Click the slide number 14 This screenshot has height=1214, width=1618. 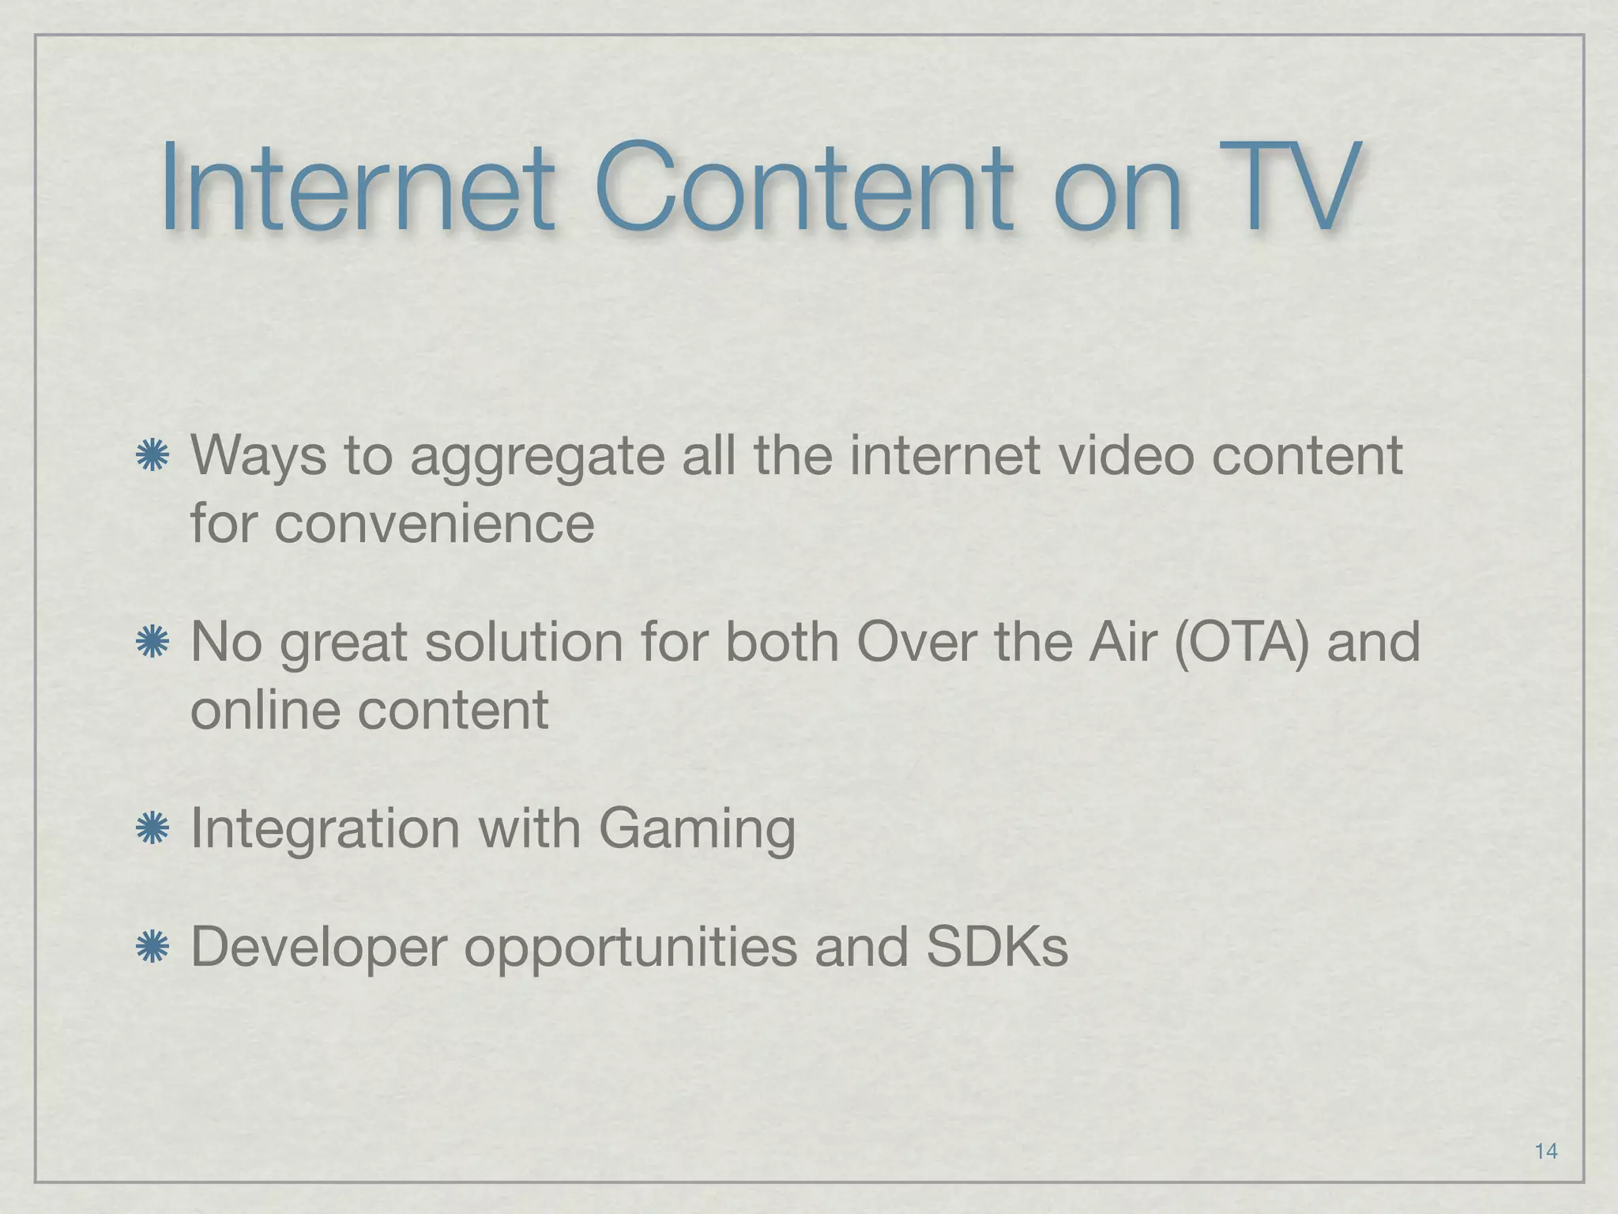click(1545, 1151)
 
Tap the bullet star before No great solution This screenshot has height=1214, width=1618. click(152, 642)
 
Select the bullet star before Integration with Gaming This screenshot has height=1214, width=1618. click(152, 829)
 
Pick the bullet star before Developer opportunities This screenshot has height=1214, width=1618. click(152, 947)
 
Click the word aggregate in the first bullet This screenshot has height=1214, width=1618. click(537, 458)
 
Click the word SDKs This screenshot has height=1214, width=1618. click(997, 947)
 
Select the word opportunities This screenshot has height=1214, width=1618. click(630, 948)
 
